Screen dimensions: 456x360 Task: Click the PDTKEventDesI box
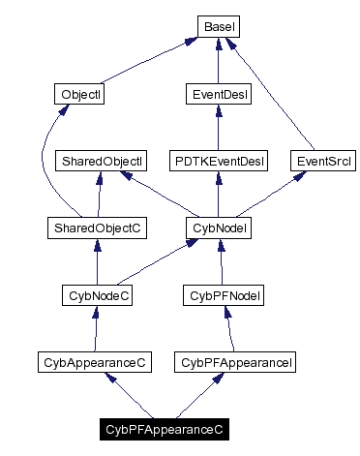(x=218, y=161)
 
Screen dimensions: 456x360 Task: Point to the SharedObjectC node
(x=96, y=228)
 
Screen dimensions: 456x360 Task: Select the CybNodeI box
(x=218, y=228)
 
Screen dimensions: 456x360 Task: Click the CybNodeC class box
(x=96, y=294)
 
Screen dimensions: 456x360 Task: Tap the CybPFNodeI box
(x=225, y=294)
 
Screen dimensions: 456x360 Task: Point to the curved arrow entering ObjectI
(x=45, y=165)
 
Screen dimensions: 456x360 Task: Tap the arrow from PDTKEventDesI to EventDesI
(x=218, y=127)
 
